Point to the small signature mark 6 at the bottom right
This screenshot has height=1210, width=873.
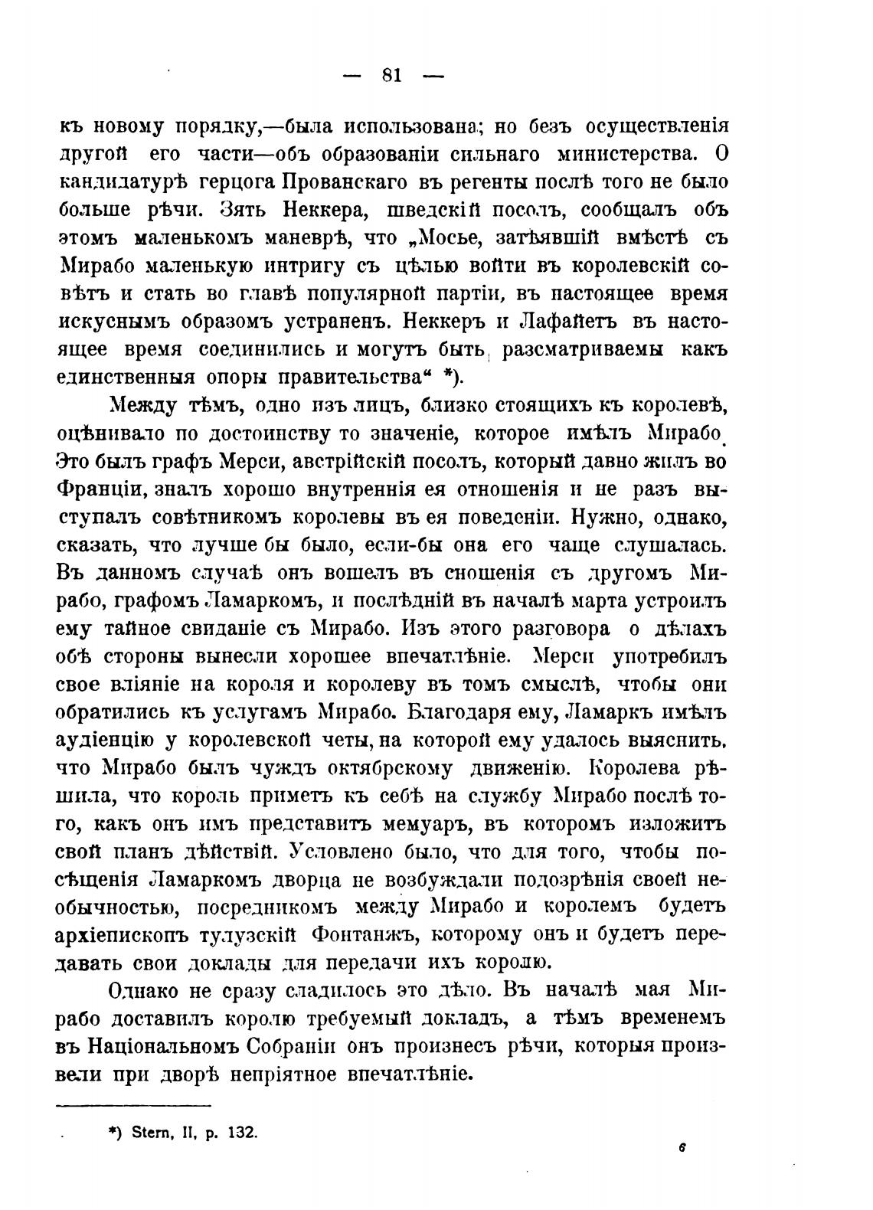[x=679, y=1148]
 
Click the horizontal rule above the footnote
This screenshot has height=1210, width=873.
[x=133, y=1104]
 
